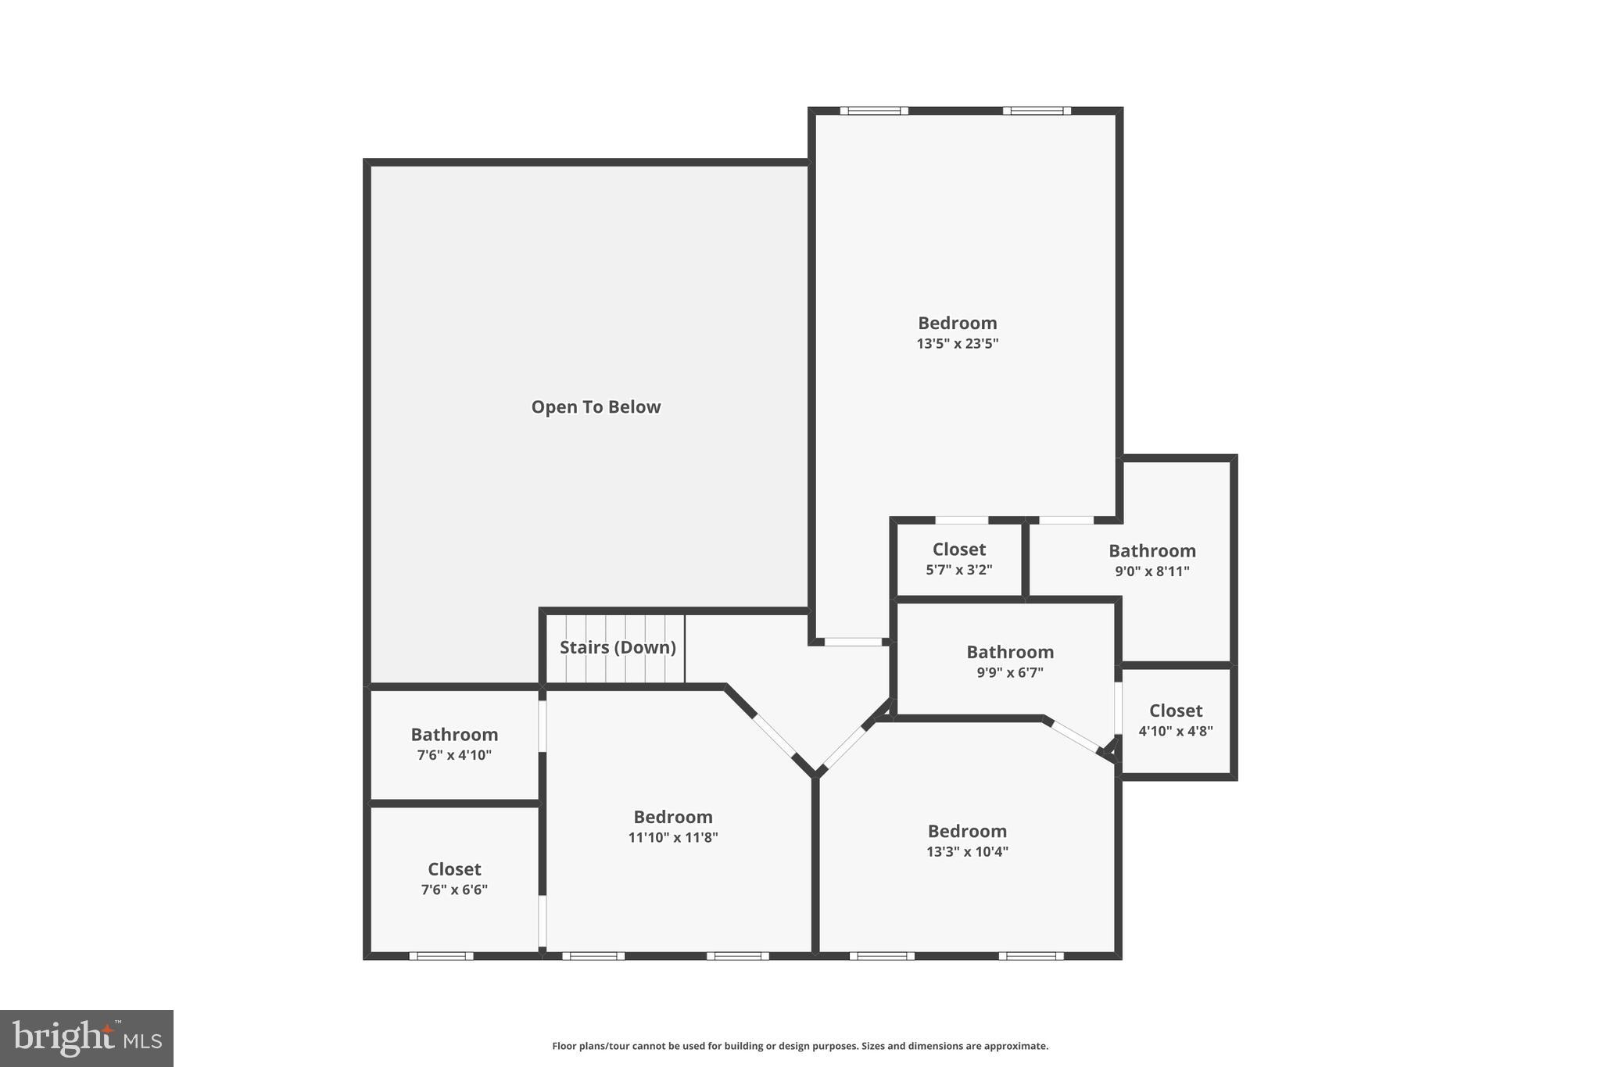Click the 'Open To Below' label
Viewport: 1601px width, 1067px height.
(x=596, y=406)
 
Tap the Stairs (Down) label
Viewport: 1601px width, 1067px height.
(x=618, y=647)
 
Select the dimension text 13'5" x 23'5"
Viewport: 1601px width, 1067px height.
(x=958, y=343)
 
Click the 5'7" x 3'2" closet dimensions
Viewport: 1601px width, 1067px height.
(x=959, y=570)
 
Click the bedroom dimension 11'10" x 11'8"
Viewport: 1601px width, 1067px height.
(x=673, y=837)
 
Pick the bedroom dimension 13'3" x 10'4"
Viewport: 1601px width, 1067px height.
(x=967, y=851)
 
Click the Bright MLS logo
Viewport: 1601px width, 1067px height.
(x=87, y=1038)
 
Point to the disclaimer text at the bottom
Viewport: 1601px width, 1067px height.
(x=800, y=1046)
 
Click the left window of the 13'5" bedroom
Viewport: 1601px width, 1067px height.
(x=874, y=111)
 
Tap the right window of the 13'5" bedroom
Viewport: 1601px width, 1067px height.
(x=1037, y=111)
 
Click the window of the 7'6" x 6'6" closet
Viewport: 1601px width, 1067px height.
(x=441, y=955)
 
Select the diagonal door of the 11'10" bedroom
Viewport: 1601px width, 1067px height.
(x=775, y=736)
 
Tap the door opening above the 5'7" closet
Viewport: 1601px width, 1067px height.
(x=962, y=520)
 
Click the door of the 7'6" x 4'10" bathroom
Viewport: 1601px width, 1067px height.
(x=542, y=727)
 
